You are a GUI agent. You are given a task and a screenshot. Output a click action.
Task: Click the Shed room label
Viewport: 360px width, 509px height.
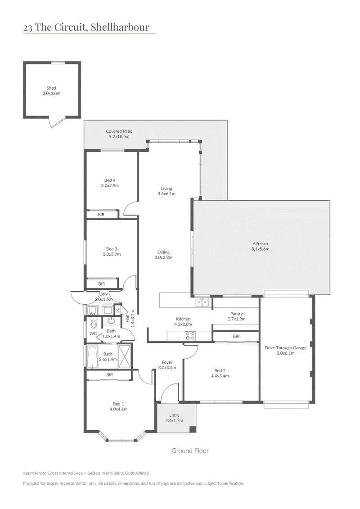click(x=51, y=90)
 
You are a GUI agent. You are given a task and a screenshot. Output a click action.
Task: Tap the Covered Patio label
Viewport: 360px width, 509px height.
click(x=119, y=134)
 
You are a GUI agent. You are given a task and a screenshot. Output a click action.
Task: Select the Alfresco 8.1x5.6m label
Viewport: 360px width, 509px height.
click(x=261, y=246)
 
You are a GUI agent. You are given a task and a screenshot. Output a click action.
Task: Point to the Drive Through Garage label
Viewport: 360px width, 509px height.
click(x=286, y=350)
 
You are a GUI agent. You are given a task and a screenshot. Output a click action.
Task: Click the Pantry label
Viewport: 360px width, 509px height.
click(x=237, y=316)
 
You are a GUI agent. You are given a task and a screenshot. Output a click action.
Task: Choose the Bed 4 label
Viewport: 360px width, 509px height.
click(x=110, y=183)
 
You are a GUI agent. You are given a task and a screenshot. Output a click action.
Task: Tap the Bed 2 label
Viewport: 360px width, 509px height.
click(x=220, y=373)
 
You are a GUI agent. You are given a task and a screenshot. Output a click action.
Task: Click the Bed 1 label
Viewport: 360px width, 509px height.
click(x=118, y=406)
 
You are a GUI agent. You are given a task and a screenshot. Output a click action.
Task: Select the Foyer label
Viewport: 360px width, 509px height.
click(x=167, y=365)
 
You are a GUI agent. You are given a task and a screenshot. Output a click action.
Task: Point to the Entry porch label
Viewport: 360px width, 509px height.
click(x=174, y=418)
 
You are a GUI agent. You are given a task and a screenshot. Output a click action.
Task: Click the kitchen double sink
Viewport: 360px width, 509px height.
click(x=202, y=302)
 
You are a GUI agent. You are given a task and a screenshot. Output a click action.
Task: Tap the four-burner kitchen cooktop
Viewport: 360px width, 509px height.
click(x=190, y=336)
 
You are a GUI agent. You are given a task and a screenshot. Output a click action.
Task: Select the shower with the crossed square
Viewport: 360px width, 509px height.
click(x=124, y=357)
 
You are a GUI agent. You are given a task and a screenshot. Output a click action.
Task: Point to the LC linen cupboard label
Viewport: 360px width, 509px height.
click(x=117, y=309)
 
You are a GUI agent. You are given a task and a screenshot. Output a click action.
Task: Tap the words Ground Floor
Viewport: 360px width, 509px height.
click(x=190, y=450)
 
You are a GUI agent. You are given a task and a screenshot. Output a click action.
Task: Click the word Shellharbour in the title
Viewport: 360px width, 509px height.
click(x=120, y=27)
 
